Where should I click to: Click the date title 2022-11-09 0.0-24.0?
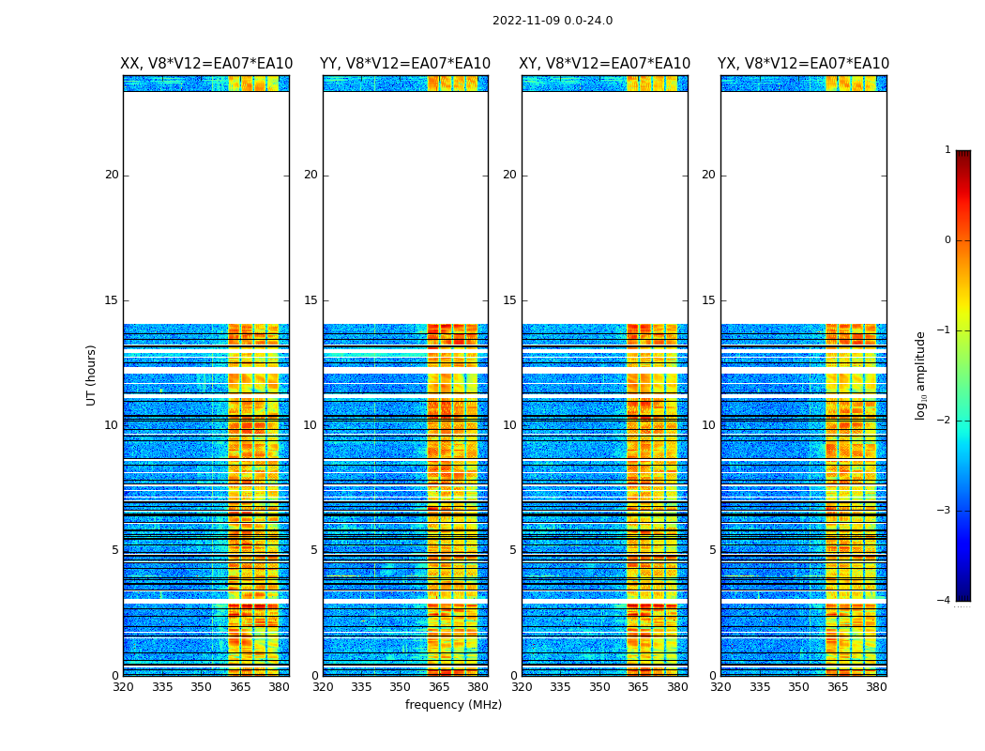pyautogui.click(x=552, y=21)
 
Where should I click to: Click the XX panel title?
pyautogui.click(x=206, y=64)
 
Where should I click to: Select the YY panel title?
pyautogui.click(x=405, y=64)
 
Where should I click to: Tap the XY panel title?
pyautogui.click(x=604, y=64)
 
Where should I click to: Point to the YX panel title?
pyautogui.click(x=803, y=64)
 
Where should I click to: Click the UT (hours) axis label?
pyautogui.click(x=92, y=375)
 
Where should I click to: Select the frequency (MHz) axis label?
pyautogui.click(x=453, y=705)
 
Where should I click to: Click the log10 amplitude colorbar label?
pyautogui.click(x=921, y=375)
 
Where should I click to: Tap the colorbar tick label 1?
pyautogui.click(x=947, y=150)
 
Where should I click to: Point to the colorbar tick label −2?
pyautogui.click(x=945, y=421)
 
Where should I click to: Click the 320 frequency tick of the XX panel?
pyautogui.click(x=123, y=687)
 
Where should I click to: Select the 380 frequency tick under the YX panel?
pyautogui.click(x=876, y=687)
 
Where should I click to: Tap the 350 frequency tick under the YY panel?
pyautogui.click(x=401, y=687)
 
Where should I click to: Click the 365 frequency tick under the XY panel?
pyautogui.click(x=638, y=687)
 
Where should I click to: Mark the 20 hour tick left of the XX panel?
pyautogui.click(x=112, y=175)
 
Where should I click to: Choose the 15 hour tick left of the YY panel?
pyautogui.click(x=311, y=300)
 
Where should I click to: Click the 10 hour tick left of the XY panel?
pyautogui.click(x=509, y=425)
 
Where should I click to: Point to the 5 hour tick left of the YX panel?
pyautogui.click(x=712, y=550)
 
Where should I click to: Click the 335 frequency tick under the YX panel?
pyautogui.click(x=760, y=687)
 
